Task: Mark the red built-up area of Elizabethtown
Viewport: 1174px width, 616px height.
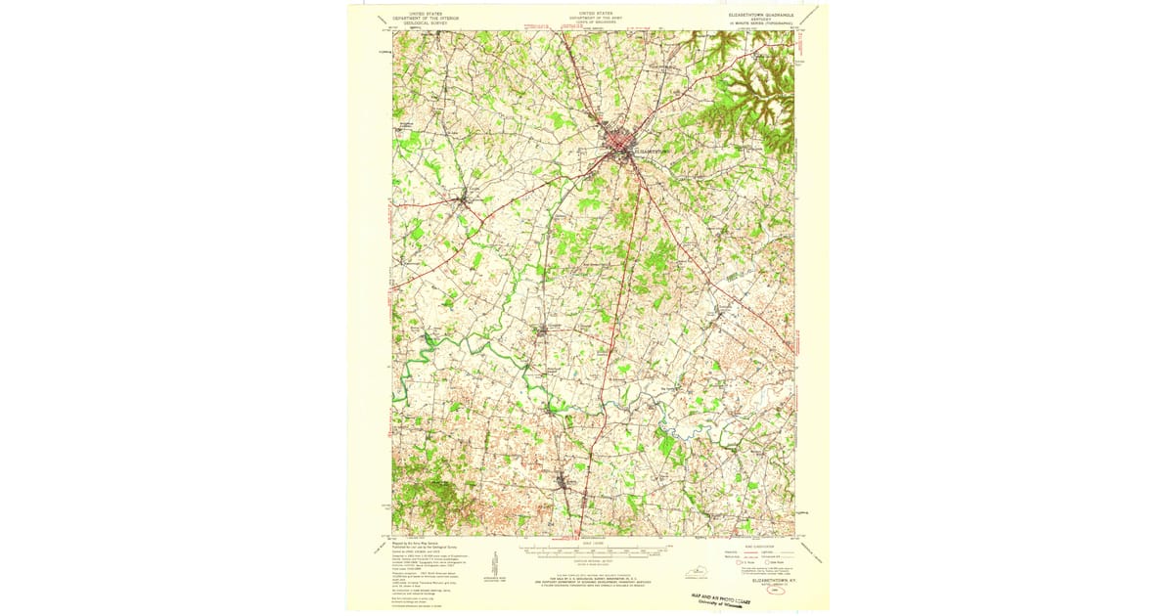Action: point(620,147)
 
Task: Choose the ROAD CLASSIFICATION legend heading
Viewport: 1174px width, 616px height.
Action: point(758,546)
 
